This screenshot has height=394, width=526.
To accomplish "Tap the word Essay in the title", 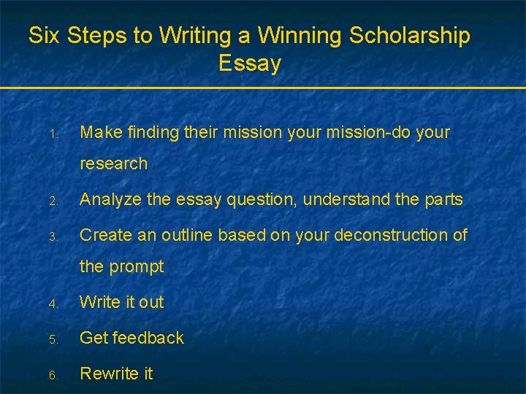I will point(249,63).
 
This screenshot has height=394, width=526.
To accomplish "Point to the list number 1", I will point(53,134).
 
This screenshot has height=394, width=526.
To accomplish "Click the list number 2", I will point(53,201).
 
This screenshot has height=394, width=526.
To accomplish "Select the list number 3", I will point(53,236).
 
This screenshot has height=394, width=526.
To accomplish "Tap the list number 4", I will point(53,303).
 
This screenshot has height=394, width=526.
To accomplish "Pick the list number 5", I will point(53,339).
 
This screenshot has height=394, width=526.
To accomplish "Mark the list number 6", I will point(53,374).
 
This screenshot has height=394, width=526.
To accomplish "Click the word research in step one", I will point(113,164).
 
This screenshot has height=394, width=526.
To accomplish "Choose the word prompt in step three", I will point(136,267).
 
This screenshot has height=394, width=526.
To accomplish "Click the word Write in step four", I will point(99,301).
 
